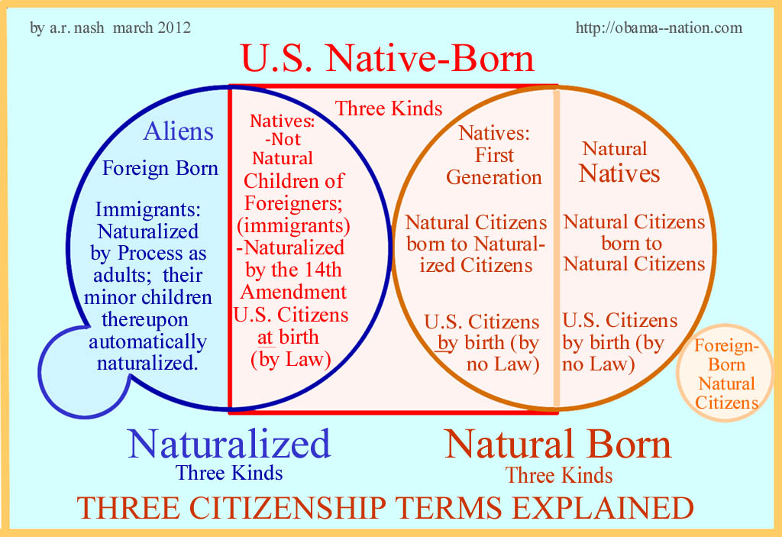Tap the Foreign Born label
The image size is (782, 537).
(160, 168)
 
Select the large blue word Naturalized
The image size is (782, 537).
(229, 443)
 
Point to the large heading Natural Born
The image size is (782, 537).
(558, 444)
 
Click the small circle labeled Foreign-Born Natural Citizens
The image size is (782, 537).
(726, 374)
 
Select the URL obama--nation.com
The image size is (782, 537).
(658, 28)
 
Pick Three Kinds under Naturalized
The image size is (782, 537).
(229, 473)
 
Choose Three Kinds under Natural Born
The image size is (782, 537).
(559, 475)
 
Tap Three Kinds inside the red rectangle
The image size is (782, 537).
(389, 108)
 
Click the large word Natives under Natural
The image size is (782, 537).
(619, 173)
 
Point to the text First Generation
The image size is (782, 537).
(494, 167)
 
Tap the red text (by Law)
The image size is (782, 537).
(291, 359)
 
